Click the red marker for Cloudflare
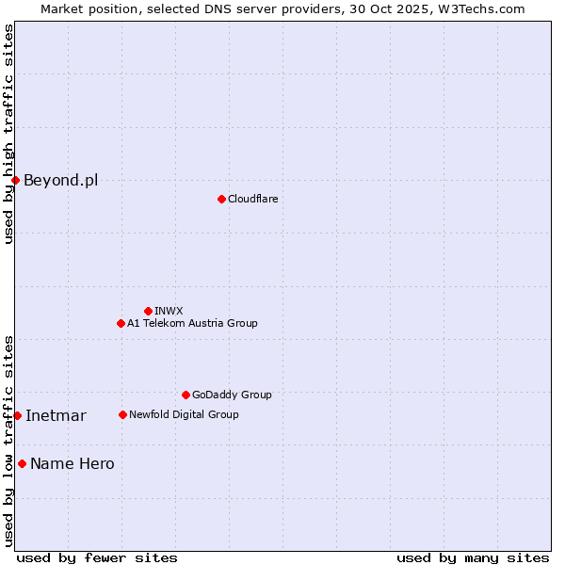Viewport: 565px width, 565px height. point(221,199)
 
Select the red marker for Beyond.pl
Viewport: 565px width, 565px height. point(15,180)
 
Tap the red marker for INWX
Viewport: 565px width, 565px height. point(148,311)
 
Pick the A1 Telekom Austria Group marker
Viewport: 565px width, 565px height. point(121,323)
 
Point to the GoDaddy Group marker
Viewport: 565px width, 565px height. point(186,395)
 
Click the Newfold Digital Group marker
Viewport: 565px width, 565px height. point(122,414)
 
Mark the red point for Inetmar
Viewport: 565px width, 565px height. point(17,415)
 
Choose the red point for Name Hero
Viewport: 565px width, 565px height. point(22,463)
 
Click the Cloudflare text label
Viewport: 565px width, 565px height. point(252,199)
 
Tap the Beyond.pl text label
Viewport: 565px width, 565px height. point(60,180)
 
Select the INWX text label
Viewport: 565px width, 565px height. point(169,311)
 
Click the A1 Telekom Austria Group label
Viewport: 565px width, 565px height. point(192,323)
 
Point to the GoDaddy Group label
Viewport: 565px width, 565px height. point(232,395)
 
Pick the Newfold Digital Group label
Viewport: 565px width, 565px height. point(184,414)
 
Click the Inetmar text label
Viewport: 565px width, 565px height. point(56,415)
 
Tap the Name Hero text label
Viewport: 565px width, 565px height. point(73,463)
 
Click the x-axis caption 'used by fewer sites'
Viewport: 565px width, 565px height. point(97,557)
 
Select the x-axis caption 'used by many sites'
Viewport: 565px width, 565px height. point(473,557)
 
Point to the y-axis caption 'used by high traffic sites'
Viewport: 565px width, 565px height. point(8,134)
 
